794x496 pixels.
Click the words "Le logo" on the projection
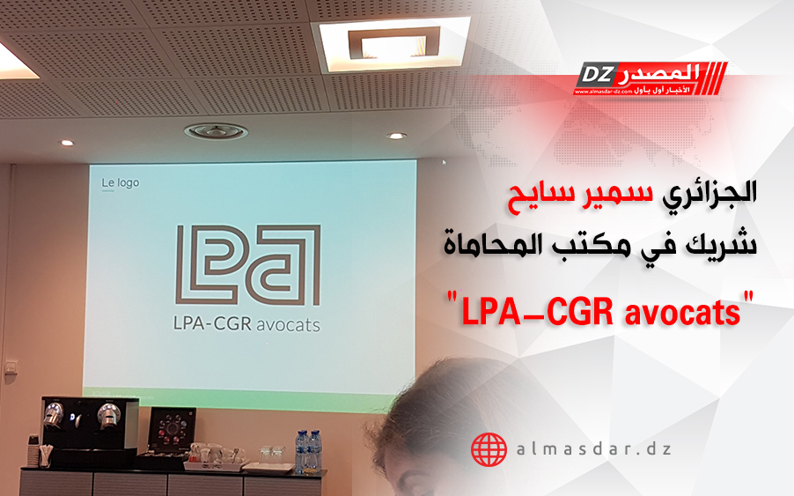coord(120,182)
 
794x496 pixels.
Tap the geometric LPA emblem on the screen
coord(248,265)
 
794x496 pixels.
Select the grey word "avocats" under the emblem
coord(288,324)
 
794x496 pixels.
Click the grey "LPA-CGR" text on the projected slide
coord(212,323)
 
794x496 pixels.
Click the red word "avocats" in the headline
coord(683,312)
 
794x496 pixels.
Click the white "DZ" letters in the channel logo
coord(597,75)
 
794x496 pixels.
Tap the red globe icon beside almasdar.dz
coord(489,449)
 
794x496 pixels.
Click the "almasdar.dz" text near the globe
coord(594,449)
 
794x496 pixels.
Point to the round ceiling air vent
coord(217,132)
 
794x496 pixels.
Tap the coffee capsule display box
coord(173,431)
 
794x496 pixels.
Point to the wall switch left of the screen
coord(11,367)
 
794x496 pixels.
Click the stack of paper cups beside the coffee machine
coord(33,450)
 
